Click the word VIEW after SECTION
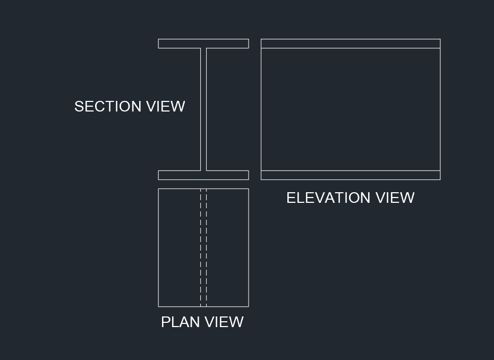(166, 107)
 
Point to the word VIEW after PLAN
(224, 322)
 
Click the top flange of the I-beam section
(203, 44)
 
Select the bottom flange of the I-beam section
(203, 175)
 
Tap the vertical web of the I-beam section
(203, 109)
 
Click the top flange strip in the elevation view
(351, 44)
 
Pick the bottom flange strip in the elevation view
(351, 175)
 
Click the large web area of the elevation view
(351, 109)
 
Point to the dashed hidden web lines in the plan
(203, 247)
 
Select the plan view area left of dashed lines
(179, 247)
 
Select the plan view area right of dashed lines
(227, 247)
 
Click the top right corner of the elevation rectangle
(440, 39)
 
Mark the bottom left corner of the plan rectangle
(158, 306)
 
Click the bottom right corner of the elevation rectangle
(440, 179)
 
